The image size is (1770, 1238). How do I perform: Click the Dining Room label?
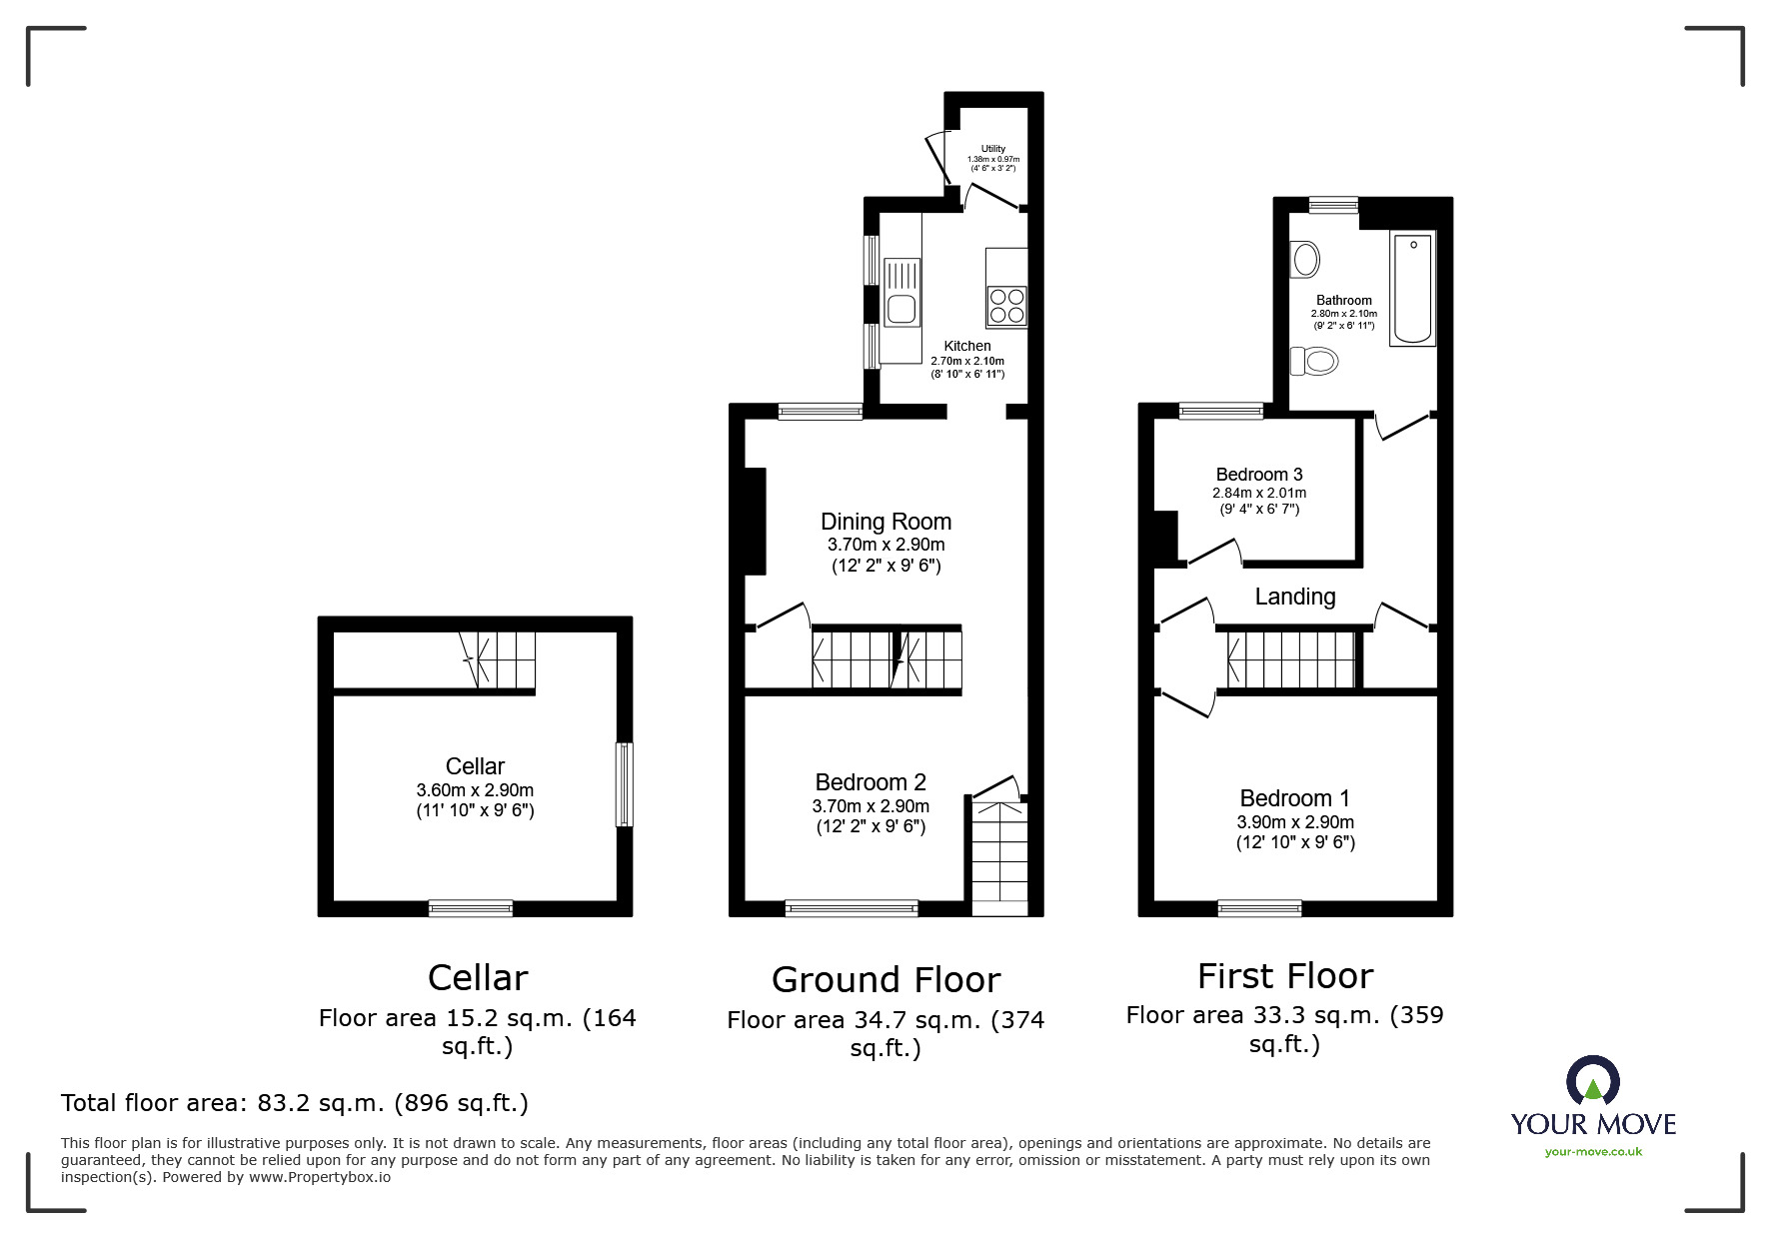[885, 522]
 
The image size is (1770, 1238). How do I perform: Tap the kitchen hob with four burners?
[1006, 306]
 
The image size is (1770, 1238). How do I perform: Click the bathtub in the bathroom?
[1412, 288]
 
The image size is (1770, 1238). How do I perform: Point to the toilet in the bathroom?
[1314, 360]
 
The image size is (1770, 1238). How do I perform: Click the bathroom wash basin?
[1305, 260]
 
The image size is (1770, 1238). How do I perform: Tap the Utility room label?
[992, 149]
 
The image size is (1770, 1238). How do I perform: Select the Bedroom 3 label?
[1258, 475]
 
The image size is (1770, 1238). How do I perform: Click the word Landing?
[1294, 597]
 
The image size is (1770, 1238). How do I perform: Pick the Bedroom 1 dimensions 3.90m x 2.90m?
[1294, 822]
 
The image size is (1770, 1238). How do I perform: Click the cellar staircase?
[504, 659]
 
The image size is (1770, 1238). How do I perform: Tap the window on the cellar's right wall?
[624, 783]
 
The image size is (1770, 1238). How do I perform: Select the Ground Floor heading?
[885, 980]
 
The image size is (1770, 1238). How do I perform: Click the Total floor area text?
[294, 1103]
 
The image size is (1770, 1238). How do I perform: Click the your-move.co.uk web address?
[1593, 1152]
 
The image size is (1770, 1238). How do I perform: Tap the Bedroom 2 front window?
[851, 907]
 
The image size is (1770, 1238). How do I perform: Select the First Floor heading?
[1284, 976]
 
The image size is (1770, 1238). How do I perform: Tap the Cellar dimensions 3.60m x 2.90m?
[475, 790]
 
